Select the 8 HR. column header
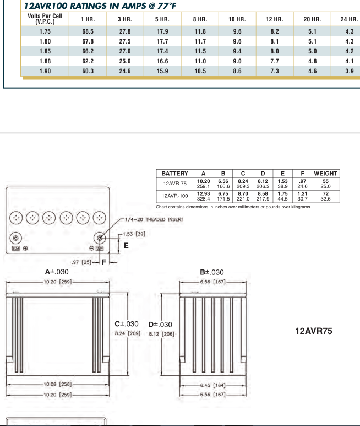pos(199,19)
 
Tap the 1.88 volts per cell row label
pos(45,62)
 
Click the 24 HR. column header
pos(343,19)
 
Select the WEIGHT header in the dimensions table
pos(325,173)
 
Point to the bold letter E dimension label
pos(126,246)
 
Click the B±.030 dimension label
pos(212,272)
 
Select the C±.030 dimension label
pos(126,323)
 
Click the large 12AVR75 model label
pos(314,331)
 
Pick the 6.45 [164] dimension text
pos(212,385)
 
